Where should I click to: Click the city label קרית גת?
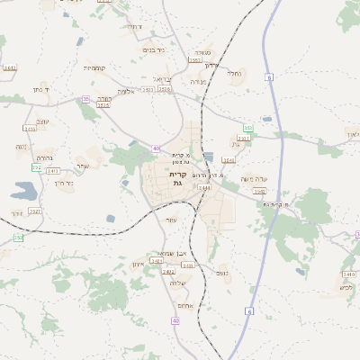tap(176, 178)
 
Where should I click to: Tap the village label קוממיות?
tap(94, 68)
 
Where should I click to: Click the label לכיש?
tap(346, 288)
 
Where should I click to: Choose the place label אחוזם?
tap(185, 306)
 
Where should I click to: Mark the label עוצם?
tap(42, 121)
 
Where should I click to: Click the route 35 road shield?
tap(85, 99)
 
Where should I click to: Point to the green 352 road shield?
tap(18, 237)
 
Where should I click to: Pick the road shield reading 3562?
tap(260, 191)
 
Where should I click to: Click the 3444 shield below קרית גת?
tap(204, 188)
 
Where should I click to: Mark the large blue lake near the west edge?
tap(24, 191)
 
